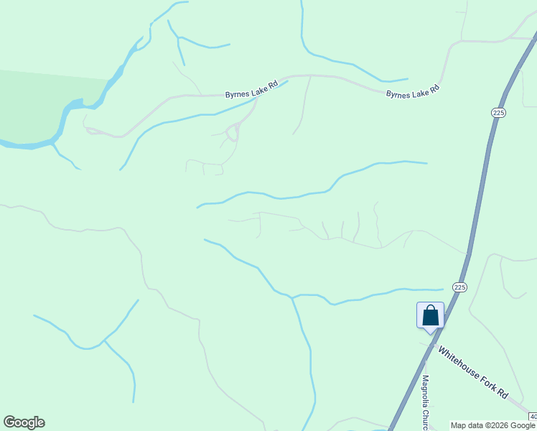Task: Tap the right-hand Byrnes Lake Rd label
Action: pyautogui.click(x=412, y=93)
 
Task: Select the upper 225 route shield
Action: pyautogui.click(x=498, y=113)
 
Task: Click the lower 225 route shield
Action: pyautogui.click(x=460, y=287)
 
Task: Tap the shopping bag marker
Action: pyautogui.click(x=430, y=315)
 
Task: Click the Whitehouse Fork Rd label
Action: pyautogui.click(x=473, y=373)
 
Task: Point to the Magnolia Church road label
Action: pyautogui.click(x=425, y=403)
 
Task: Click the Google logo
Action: pyautogui.click(x=24, y=422)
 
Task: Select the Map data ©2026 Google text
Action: pyautogui.click(x=493, y=425)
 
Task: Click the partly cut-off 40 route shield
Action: pyautogui.click(x=533, y=417)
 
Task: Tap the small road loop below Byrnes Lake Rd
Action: pyautogui.click(x=232, y=132)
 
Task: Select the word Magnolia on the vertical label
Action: pyautogui.click(x=425, y=394)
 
